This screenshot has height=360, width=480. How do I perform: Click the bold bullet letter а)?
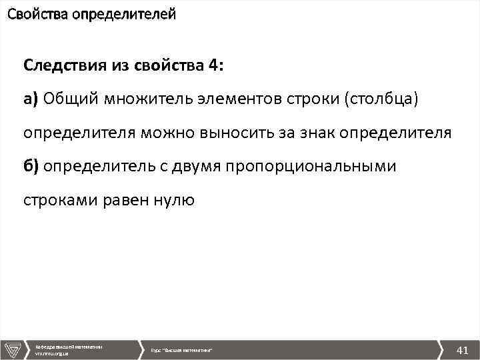31,99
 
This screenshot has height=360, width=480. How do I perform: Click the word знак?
315,133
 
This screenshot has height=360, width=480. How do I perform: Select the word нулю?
176,199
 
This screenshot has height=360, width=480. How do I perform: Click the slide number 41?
462,349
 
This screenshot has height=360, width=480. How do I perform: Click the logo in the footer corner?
13,349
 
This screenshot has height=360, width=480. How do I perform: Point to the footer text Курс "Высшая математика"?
181,350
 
